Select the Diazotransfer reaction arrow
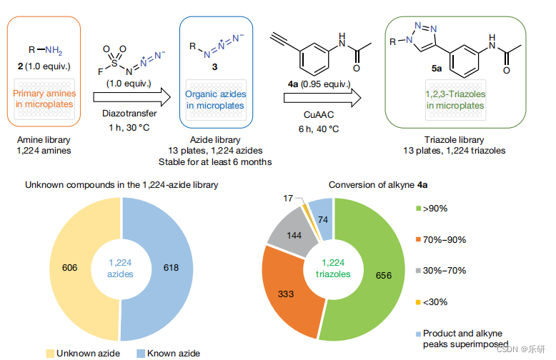(136, 96)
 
